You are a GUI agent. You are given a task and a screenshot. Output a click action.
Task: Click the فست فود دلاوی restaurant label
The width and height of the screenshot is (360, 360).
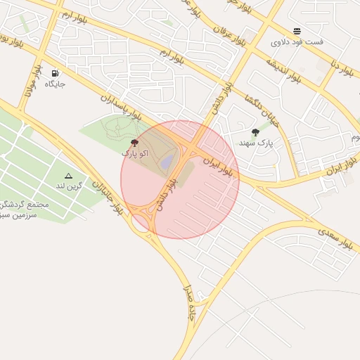[297, 42]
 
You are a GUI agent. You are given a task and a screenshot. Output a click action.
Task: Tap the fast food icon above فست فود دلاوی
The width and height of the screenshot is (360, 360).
[297, 31]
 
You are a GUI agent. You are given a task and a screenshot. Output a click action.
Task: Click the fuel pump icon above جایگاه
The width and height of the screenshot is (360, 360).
[55, 72]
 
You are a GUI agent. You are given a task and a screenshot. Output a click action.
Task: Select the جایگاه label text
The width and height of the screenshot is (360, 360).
[55, 84]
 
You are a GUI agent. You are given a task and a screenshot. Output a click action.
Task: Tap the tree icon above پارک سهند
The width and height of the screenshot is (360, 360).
[255, 132]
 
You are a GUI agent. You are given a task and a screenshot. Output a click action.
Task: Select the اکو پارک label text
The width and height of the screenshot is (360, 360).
[134, 153]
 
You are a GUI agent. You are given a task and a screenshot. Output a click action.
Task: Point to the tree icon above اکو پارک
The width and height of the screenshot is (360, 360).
[134, 143]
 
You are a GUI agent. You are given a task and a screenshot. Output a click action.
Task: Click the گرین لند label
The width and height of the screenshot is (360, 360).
[69, 186]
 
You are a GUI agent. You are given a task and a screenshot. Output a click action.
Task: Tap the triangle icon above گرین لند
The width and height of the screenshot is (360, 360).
[68, 176]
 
